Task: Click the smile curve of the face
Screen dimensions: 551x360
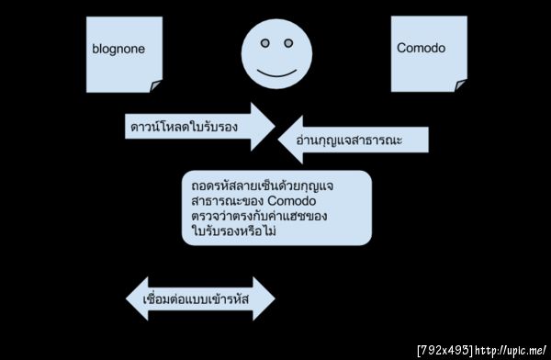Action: tap(275, 73)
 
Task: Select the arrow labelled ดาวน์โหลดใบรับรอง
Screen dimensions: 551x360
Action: tap(197, 125)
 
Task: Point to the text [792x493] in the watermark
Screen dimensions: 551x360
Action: tap(444, 350)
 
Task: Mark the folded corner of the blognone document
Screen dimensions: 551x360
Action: tap(155, 85)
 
